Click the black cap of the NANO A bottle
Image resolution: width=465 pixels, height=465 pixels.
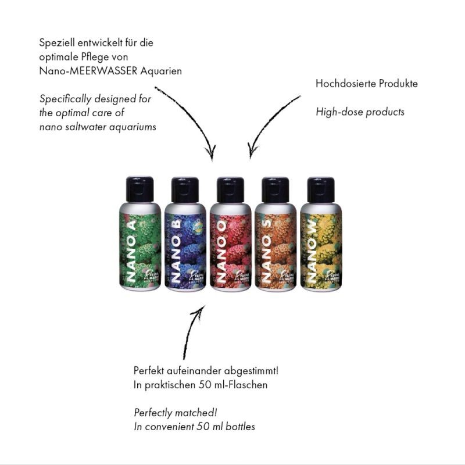point(139,189)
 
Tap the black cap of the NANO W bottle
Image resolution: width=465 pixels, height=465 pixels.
point(320,189)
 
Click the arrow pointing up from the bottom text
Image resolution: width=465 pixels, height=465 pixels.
point(192,331)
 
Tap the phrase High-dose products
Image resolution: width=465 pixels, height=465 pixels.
point(360,112)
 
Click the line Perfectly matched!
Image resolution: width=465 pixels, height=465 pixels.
point(175,413)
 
